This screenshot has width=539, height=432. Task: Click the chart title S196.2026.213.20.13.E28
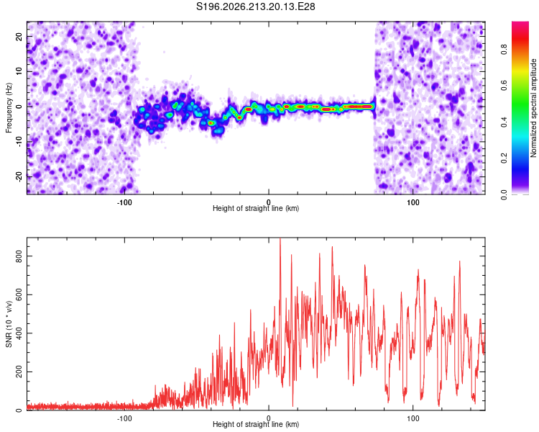255,6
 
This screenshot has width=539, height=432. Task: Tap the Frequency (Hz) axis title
9,108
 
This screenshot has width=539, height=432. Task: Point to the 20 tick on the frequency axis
19,37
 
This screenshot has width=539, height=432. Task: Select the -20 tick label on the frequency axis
19,176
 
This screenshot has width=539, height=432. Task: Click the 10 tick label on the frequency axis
19,72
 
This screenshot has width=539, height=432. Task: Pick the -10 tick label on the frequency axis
19,142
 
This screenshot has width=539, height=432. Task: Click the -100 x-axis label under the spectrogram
124,202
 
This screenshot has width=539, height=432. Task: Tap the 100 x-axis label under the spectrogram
413,202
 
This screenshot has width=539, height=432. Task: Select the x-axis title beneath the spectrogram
256,208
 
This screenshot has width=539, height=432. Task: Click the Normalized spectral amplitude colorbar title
533,108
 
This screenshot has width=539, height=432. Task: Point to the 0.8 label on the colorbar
504,50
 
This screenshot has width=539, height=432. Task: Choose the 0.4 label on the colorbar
504,122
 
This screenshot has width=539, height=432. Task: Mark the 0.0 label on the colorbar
504,195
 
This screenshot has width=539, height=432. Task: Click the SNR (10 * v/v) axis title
9,324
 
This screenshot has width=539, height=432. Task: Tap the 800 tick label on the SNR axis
19,256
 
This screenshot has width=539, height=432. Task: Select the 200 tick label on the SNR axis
19,372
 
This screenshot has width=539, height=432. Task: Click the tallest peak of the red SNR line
280,238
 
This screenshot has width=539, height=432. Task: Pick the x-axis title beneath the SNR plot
256,424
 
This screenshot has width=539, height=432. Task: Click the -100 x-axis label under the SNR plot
124,418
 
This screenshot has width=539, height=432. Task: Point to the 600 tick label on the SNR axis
19,294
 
